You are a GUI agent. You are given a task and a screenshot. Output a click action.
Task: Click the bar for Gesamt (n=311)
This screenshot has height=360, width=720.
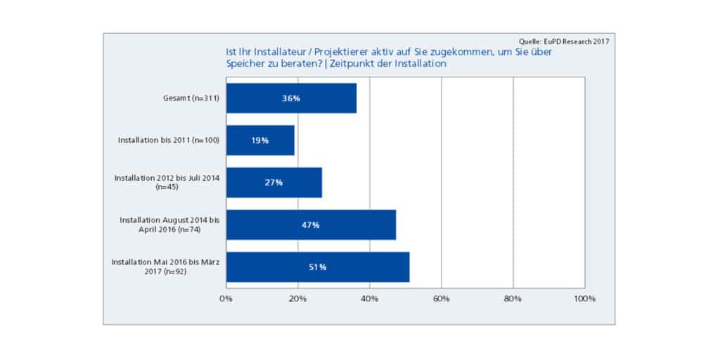point(291,98)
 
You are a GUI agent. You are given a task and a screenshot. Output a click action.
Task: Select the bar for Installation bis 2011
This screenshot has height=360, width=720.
point(260,141)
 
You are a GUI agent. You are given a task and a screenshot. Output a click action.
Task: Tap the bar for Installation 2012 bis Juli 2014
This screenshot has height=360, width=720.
point(274,183)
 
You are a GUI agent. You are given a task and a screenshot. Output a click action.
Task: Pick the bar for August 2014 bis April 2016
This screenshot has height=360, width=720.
point(311,225)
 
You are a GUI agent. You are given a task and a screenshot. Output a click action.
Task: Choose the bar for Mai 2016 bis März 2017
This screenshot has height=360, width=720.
point(317,267)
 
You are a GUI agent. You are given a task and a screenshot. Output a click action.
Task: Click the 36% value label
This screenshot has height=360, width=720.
point(291,98)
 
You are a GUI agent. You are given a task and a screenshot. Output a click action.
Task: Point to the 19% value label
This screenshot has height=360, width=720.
point(260,141)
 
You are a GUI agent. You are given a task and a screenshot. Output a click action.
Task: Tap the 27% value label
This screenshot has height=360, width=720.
point(274,183)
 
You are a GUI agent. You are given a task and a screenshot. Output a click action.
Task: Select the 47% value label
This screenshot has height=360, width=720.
point(311,225)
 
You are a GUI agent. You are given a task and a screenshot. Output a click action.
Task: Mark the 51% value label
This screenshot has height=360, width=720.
point(317,267)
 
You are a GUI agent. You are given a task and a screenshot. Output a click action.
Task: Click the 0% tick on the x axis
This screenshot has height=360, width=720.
point(226,299)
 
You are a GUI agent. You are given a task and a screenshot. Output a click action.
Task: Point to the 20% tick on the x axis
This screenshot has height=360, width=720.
point(297,299)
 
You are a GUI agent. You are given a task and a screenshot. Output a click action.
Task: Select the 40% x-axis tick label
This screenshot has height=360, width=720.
point(369,299)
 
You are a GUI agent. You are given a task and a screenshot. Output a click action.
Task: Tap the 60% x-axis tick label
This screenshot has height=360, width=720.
point(441,299)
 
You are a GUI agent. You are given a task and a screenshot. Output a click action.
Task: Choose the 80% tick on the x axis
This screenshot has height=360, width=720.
point(513,299)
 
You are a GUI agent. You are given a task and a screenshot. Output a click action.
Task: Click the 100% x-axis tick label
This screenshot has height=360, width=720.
point(584,299)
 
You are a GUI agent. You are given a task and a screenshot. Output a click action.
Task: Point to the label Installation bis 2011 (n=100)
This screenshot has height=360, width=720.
point(169,141)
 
